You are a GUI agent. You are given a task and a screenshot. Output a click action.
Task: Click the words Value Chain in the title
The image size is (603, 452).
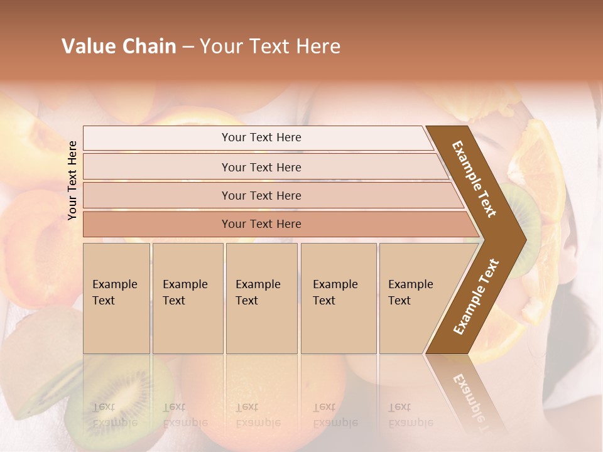tap(119, 46)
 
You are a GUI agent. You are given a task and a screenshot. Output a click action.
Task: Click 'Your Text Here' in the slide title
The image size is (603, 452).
tap(270, 46)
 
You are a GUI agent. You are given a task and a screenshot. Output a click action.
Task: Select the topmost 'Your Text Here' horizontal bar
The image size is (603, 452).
tap(261, 137)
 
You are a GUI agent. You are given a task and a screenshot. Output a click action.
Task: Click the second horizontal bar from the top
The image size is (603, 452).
tap(261, 167)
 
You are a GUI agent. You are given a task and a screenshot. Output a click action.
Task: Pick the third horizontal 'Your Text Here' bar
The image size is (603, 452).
tap(261, 195)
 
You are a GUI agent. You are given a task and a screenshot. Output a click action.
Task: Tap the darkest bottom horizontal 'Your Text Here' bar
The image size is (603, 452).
tap(261, 224)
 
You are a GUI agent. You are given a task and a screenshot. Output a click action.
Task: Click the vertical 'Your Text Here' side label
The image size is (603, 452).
tap(73, 180)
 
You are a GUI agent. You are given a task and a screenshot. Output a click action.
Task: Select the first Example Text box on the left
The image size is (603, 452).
tap(116, 298)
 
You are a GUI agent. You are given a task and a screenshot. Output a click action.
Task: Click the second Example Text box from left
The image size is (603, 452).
tap(187, 298)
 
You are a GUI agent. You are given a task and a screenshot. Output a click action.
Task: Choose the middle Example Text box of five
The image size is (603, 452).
tap(261, 298)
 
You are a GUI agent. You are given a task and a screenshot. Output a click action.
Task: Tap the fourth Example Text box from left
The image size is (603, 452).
tap(338, 298)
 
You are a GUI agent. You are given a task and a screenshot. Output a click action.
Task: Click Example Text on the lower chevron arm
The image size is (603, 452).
tap(475, 297)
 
